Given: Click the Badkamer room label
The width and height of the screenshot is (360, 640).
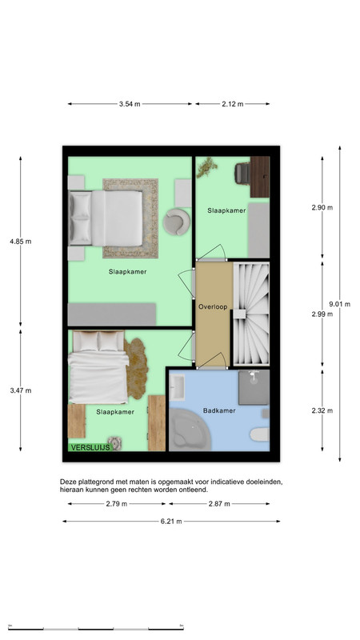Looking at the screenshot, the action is (219, 410).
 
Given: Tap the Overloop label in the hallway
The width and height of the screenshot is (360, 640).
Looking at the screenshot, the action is (213, 306).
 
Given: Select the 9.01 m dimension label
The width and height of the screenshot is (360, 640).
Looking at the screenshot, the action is (339, 304).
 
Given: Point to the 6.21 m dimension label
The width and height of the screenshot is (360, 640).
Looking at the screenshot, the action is (171, 522).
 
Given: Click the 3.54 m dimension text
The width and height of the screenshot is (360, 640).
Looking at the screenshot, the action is (130, 104).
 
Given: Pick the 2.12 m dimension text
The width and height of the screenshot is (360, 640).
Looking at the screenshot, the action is (233, 104).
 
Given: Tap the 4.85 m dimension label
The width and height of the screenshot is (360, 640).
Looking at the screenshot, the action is (21, 242).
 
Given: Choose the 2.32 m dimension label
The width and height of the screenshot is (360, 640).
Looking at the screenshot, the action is (322, 410).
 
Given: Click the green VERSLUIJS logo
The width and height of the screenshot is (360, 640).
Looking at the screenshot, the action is (90, 447).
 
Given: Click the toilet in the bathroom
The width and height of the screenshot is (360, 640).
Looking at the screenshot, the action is (260, 434).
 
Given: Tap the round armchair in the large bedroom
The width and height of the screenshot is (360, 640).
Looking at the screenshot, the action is (177, 222).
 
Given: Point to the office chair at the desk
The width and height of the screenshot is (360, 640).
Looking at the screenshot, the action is (242, 173).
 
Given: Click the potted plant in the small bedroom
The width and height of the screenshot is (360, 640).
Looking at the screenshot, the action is (206, 168).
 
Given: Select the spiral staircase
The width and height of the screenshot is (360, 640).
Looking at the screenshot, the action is (250, 314).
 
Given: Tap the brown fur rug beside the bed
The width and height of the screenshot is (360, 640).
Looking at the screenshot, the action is (137, 368).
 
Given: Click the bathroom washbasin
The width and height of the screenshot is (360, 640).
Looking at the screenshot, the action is (177, 388).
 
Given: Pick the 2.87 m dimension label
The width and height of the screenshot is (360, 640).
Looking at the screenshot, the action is (219, 504).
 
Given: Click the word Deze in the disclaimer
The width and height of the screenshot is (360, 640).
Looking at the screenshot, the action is (67, 482).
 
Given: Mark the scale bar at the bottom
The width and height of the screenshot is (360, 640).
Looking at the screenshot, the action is (95, 629).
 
